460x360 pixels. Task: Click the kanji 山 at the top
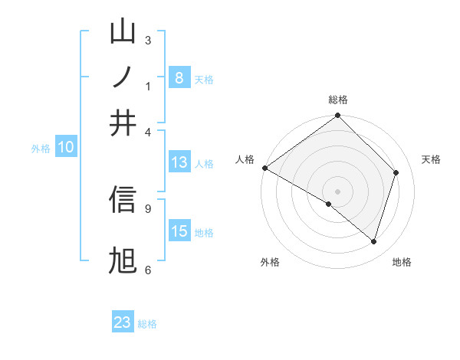click(x=123, y=32)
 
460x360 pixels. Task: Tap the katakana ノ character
click(x=123, y=77)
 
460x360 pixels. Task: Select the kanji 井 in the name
click(x=123, y=123)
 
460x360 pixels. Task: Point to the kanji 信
click(x=123, y=199)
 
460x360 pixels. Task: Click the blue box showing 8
click(x=179, y=78)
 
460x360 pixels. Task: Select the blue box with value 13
click(x=179, y=162)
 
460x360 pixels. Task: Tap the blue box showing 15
click(x=179, y=231)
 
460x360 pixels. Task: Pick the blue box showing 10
click(x=66, y=148)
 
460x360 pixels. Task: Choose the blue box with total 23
click(x=123, y=322)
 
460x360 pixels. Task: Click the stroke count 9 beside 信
click(x=147, y=208)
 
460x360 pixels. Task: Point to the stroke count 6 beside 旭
click(x=147, y=270)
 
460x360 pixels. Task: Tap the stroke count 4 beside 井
click(x=147, y=131)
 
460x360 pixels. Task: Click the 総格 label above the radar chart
click(x=338, y=100)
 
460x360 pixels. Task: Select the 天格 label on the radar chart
click(x=432, y=159)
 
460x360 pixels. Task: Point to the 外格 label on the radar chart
click(x=270, y=262)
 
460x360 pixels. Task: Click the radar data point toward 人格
click(x=264, y=168)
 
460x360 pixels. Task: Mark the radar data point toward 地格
click(x=374, y=241)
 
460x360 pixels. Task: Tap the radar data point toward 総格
click(x=338, y=116)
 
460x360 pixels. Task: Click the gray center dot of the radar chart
click(x=338, y=191)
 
